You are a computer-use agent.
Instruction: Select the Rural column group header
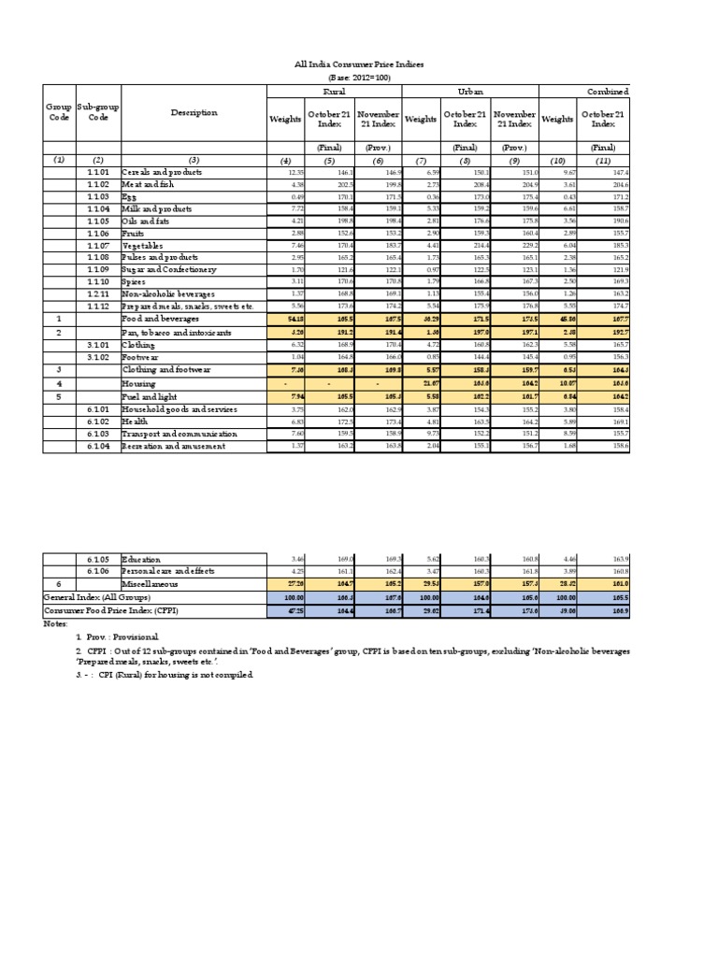click(x=334, y=92)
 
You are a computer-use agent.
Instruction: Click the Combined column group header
click(x=607, y=92)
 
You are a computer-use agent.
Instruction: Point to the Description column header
click(x=194, y=113)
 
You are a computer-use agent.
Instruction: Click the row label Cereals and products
click(x=162, y=173)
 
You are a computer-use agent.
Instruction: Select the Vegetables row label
click(x=146, y=245)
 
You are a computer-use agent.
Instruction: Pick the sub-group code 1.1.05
click(x=98, y=221)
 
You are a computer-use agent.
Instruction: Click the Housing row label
click(x=139, y=383)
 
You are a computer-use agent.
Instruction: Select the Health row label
click(x=136, y=421)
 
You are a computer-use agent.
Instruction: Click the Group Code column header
click(x=59, y=113)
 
